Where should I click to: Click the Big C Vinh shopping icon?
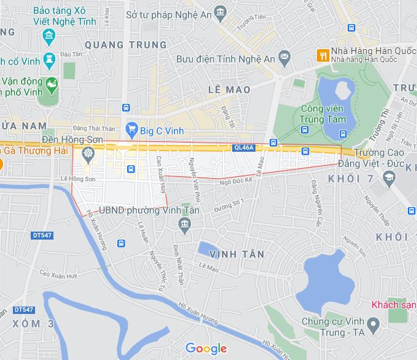point(131,129)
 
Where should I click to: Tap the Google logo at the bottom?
point(206,348)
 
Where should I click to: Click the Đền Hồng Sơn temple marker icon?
point(88,153)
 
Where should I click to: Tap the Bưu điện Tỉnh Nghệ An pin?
point(284,58)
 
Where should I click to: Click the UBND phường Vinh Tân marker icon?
point(184,227)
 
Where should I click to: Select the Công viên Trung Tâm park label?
point(323,114)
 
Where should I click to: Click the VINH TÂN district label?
point(236,254)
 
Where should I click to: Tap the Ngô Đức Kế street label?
point(236,181)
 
